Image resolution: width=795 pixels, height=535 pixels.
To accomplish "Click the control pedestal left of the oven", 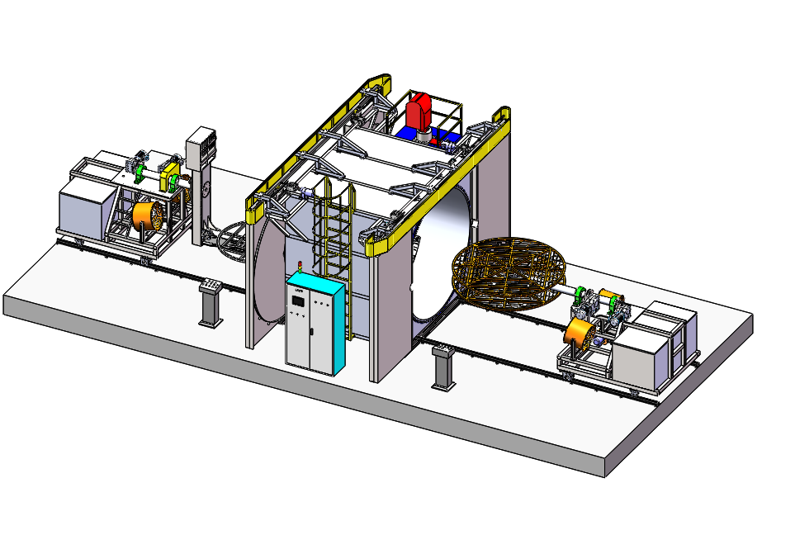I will (x=211, y=302).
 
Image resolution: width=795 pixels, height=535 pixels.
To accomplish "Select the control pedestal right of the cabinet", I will (x=443, y=367).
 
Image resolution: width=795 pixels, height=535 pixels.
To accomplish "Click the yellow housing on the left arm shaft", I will (x=171, y=175).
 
